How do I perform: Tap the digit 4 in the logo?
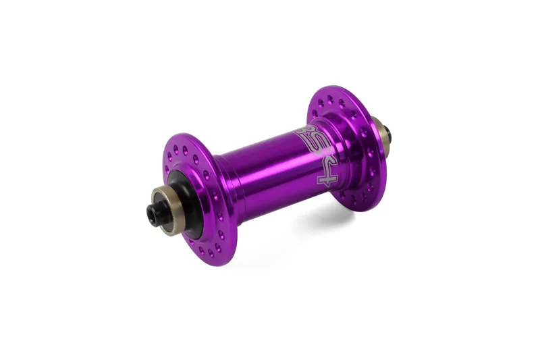325,175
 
